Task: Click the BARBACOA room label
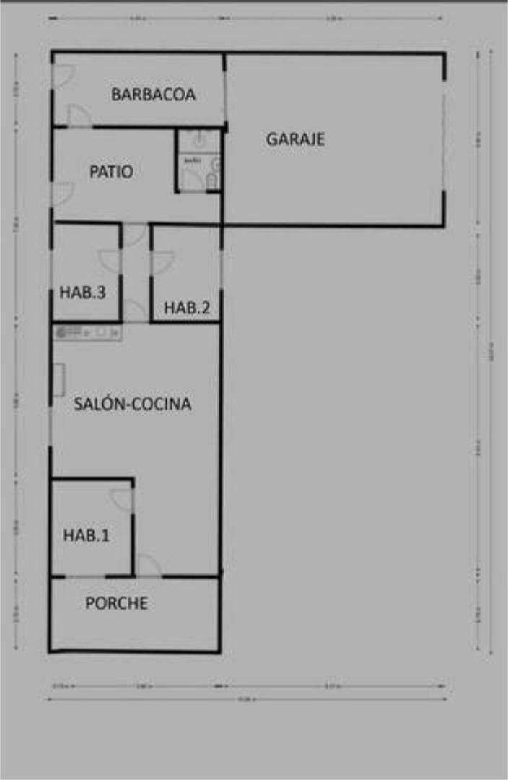tap(153, 95)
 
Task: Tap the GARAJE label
tap(295, 139)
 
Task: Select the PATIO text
tap(111, 172)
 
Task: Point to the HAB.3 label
tap(83, 292)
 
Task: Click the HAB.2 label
tap(187, 308)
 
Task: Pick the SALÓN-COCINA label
tap(133, 404)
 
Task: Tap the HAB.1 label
tap(87, 535)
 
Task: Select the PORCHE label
tap(116, 603)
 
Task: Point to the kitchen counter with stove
tap(87, 332)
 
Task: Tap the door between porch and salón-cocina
tap(148, 566)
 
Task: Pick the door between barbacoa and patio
tap(79, 116)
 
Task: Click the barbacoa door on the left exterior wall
tap(63, 77)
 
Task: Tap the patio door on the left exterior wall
tap(62, 194)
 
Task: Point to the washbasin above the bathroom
tap(199, 139)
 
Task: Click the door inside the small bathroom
tap(191, 180)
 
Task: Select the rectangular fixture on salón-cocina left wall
tap(58, 380)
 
